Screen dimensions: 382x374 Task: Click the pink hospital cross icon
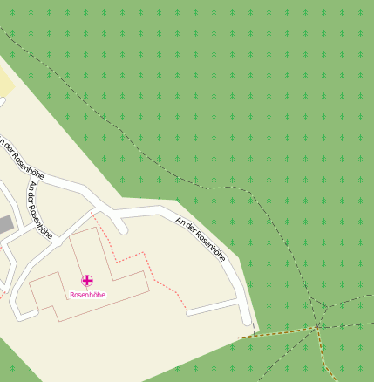pos(87,280)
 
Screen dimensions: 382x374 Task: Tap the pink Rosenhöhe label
pos(87,295)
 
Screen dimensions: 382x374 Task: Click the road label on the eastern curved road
pos(201,239)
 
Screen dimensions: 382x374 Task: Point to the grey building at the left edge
pos(5,224)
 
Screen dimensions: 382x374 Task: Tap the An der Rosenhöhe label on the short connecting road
pos(40,209)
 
